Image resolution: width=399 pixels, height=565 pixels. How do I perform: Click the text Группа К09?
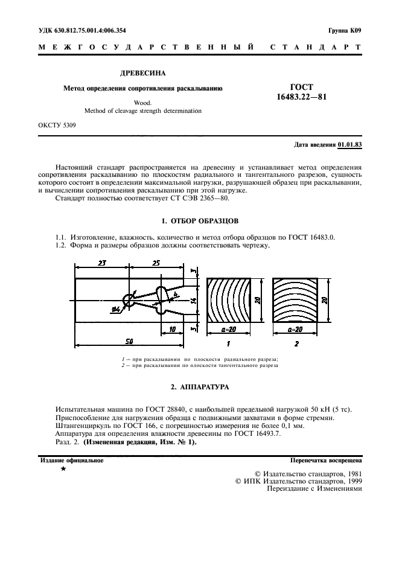(345, 30)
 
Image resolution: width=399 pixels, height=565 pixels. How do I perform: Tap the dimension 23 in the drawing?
(101, 263)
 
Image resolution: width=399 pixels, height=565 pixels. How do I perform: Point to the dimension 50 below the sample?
(129, 342)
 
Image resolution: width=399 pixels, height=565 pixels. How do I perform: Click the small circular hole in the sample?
(129, 300)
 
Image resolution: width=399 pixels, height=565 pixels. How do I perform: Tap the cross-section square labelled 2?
(295, 301)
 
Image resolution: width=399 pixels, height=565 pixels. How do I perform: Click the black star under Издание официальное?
(63, 468)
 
